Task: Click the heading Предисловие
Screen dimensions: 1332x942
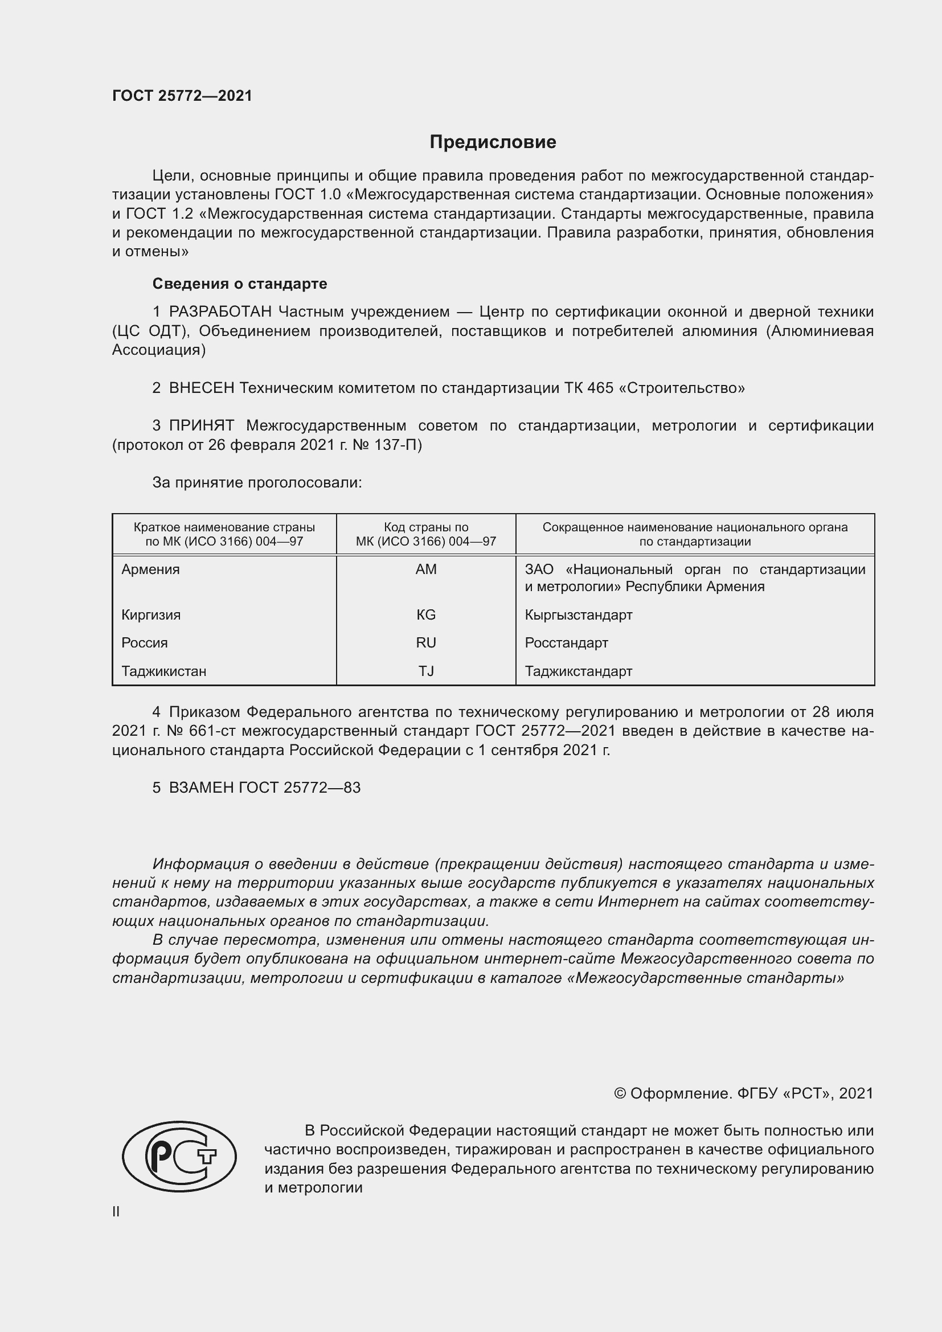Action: (x=493, y=142)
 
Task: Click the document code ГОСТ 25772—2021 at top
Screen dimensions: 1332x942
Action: (x=182, y=96)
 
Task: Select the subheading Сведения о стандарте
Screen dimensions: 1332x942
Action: (x=240, y=284)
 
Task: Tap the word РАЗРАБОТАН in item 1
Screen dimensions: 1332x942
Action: (x=220, y=312)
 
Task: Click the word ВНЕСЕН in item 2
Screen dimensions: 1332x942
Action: (x=201, y=388)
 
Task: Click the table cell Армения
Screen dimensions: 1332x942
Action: (x=151, y=569)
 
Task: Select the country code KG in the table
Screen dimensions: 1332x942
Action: (x=426, y=615)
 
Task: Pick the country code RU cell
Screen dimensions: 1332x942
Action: (x=426, y=643)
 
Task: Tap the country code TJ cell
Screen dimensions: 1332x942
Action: (x=426, y=671)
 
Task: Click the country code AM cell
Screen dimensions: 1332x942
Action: (x=426, y=569)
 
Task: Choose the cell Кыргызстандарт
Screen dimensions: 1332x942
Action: (x=578, y=615)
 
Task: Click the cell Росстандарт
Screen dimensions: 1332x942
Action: (x=566, y=643)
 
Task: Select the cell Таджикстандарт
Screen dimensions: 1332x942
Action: (x=578, y=671)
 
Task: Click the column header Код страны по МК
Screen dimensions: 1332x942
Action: (x=426, y=534)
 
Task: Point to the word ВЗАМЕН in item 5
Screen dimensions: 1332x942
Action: (x=201, y=788)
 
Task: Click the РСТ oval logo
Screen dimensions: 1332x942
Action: (x=179, y=1156)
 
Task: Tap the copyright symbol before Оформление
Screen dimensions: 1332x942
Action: (x=620, y=1093)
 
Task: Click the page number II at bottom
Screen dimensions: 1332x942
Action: (x=116, y=1212)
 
